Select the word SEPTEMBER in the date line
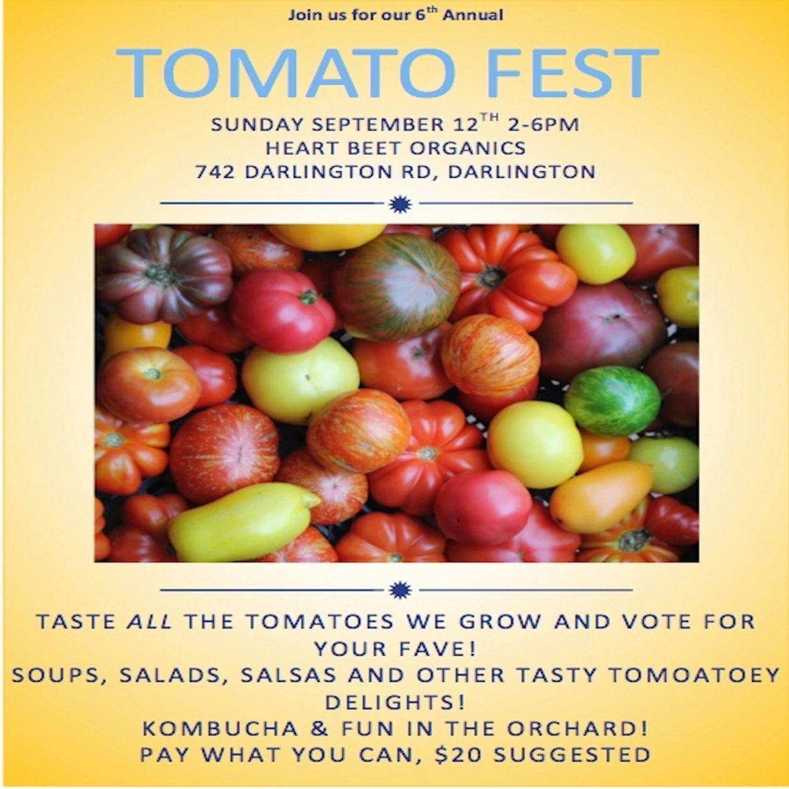tap(378, 125)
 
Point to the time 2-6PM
tap(543, 125)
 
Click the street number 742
tap(215, 172)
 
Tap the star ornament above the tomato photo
tap(400, 204)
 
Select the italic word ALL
tap(150, 622)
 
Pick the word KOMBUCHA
tap(220, 729)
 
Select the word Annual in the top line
tap(473, 15)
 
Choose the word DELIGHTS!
tap(395, 702)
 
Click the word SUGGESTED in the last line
tap(572, 755)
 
